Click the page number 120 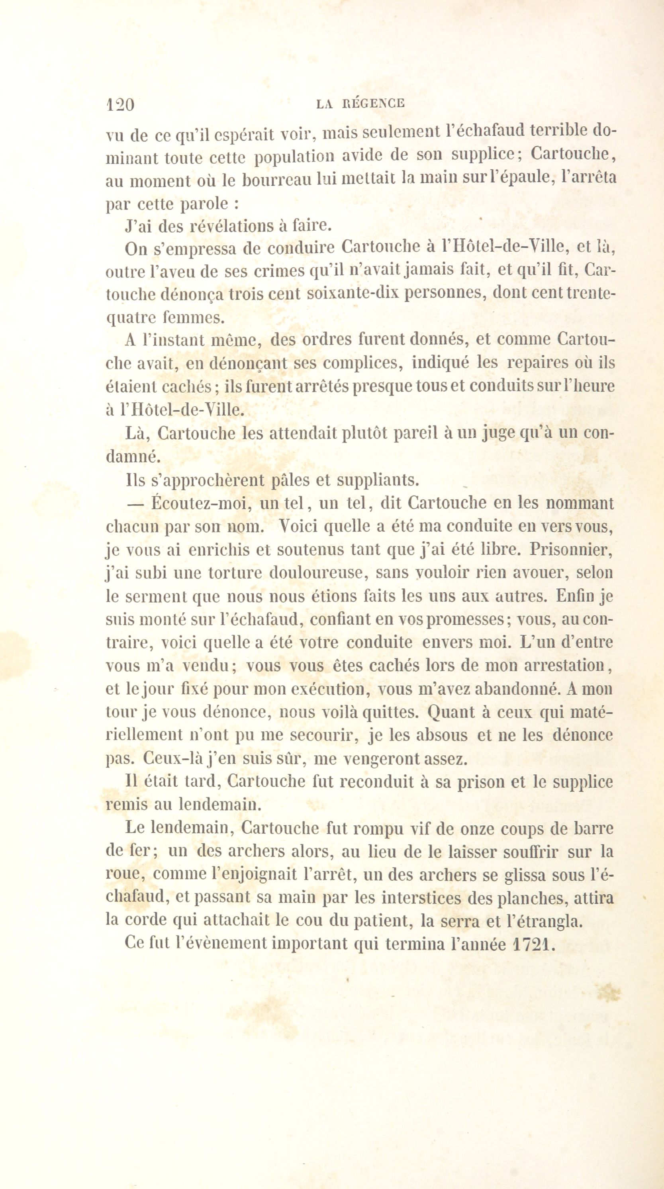click(x=120, y=104)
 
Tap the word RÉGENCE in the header click(x=374, y=104)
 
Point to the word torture click(x=235, y=573)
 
